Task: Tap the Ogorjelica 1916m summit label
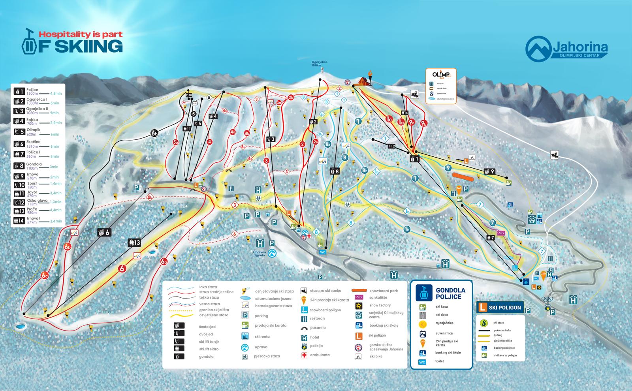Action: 319,64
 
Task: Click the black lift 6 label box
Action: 104,233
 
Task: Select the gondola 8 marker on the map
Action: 335,171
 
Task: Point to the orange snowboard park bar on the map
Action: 463,176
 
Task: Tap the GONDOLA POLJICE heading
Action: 450,293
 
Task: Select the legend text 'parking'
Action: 261,316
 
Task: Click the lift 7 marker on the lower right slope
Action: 490,238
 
